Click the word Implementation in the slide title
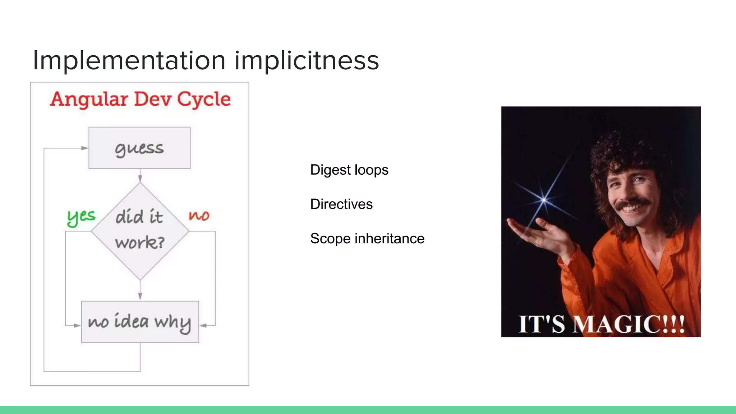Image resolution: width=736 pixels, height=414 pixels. [129, 60]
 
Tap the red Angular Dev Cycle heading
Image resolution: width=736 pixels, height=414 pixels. [140, 99]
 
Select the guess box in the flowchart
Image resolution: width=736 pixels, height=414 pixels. [139, 148]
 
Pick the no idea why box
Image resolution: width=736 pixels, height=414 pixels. [140, 322]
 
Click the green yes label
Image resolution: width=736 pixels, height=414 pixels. [81, 217]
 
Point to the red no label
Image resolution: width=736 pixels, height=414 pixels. [199, 215]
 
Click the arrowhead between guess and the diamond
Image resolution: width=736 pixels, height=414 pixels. [140, 178]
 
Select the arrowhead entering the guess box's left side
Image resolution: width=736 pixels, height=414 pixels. [85, 148]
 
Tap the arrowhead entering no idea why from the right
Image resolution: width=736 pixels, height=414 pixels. [203, 326]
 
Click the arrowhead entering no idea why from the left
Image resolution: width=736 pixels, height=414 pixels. [77, 326]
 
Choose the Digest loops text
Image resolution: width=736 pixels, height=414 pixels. [349, 170]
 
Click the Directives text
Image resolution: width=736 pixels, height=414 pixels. [341, 204]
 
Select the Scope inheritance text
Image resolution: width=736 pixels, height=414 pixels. [367, 239]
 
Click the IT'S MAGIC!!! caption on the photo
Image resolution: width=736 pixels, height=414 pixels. [601, 324]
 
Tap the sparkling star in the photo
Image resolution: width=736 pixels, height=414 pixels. [544, 199]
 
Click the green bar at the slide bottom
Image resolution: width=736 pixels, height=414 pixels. [368, 410]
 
